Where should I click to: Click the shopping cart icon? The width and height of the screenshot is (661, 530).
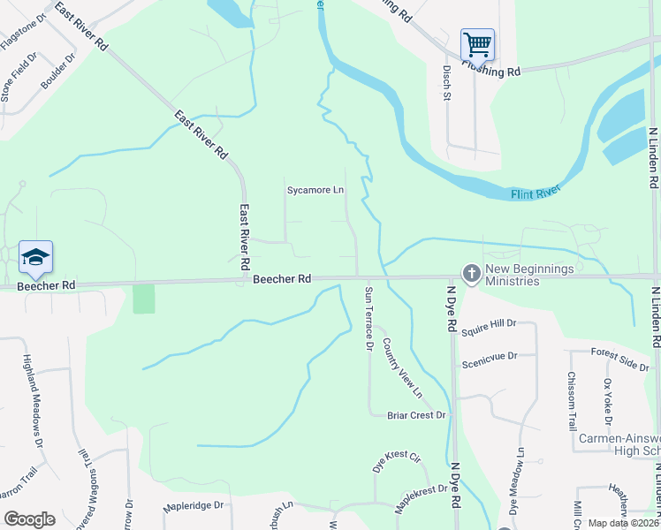(477, 43)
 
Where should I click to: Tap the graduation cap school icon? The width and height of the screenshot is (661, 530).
(35, 257)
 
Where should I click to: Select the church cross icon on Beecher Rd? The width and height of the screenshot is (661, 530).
(471, 275)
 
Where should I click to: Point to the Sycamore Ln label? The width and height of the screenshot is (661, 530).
(315, 190)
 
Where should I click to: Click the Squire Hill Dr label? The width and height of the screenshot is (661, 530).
(489, 324)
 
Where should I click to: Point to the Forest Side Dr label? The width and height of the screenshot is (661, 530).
(620, 359)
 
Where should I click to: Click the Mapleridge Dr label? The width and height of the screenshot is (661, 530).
(194, 507)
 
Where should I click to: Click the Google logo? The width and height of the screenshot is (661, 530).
(29, 519)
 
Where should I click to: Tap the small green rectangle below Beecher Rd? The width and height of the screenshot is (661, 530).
(143, 299)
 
